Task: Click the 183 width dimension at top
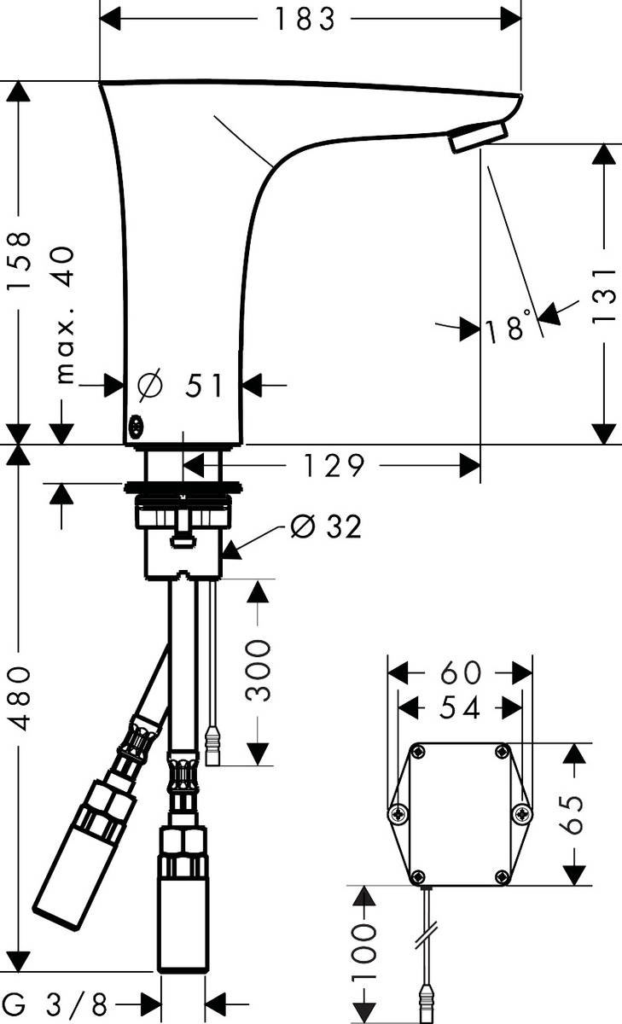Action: pos(305,20)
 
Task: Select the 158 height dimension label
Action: pos(19,260)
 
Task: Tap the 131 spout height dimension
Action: pos(604,296)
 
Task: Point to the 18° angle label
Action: pos(509,325)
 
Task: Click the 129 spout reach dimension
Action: pos(334,466)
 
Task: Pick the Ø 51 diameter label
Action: pos(180,385)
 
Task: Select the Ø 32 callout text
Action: pos(326,527)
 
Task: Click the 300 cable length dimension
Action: pos(258,670)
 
